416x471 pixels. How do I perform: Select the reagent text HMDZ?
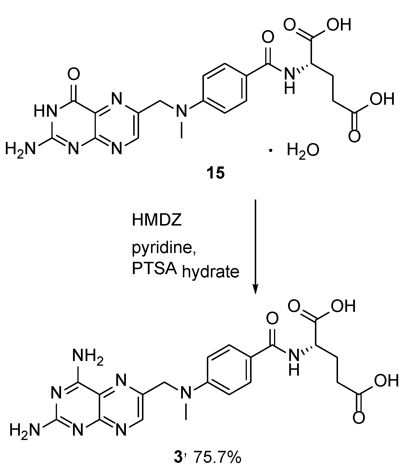[157, 220]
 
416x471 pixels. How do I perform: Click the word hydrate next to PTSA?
[211, 272]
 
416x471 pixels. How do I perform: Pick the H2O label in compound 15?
[303, 151]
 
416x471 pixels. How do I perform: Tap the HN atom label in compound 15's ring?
[44, 111]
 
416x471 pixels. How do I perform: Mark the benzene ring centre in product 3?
[228, 370]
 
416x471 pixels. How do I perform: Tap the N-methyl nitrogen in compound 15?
[182, 111]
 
